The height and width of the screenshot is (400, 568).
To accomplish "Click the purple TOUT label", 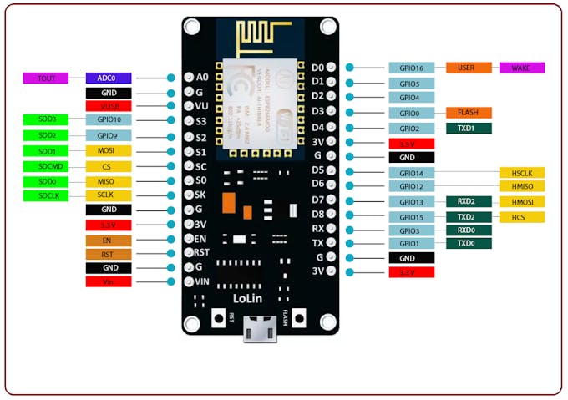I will (46, 78).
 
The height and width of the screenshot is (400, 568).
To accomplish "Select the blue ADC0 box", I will (108, 78).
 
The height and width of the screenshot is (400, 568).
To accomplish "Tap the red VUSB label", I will (108, 106).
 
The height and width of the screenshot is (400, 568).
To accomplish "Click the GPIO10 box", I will (108, 120).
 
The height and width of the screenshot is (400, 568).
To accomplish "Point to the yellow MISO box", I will (108, 181).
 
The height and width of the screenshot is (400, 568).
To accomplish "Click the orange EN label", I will (108, 240).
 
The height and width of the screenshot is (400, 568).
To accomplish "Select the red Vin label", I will (108, 282).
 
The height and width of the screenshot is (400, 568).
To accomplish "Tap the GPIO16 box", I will (411, 68).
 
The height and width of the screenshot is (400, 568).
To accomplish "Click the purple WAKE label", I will (522, 68).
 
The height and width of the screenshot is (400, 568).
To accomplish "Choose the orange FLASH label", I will (469, 113).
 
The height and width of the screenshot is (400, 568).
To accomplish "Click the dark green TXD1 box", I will (469, 129).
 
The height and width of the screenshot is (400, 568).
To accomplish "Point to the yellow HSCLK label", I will (522, 173).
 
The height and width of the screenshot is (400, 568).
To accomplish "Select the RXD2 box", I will (469, 201).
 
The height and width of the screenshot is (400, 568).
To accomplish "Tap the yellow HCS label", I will (522, 217).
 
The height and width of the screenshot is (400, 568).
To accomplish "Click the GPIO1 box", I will (411, 243).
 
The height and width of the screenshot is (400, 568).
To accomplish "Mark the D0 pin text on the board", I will (317, 68).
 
